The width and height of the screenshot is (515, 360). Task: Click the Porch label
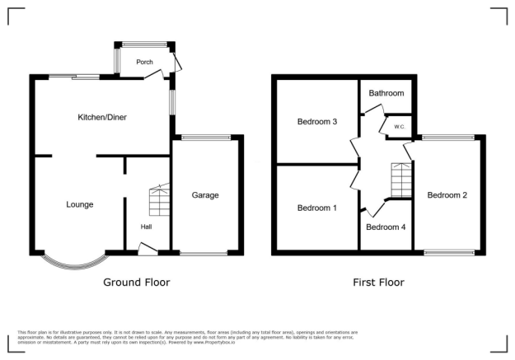click(x=144, y=62)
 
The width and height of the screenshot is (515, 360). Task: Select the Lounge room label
click(x=80, y=204)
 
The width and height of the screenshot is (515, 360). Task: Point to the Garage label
click(x=205, y=195)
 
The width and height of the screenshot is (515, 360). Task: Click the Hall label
click(x=146, y=227)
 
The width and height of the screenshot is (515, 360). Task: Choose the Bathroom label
click(x=386, y=94)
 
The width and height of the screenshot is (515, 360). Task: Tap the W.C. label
click(x=399, y=127)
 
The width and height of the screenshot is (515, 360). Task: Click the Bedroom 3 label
click(x=317, y=122)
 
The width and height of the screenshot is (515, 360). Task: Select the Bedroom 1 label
click(x=317, y=208)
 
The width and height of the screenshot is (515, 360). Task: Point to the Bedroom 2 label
click(x=447, y=195)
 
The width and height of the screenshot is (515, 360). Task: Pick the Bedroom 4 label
click(x=386, y=227)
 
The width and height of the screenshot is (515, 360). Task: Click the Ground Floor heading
click(x=137, y=282)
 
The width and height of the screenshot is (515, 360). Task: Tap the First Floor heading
click(x=378, y=282)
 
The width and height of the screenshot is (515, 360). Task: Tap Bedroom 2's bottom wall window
click(x=449, y=251)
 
